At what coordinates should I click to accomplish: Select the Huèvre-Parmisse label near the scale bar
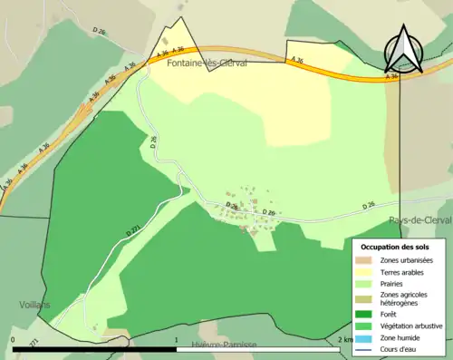[x=225, y=346]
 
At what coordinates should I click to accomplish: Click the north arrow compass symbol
[x=404, y=50]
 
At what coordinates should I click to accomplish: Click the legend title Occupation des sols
[x=395, y=247]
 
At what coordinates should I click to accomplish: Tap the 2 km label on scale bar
[x=344, y=339]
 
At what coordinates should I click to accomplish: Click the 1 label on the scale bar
[x=177, y=339]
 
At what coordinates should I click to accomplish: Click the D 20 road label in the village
[x=268, y=213]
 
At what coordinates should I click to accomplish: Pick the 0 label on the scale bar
[x=13, y=339]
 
